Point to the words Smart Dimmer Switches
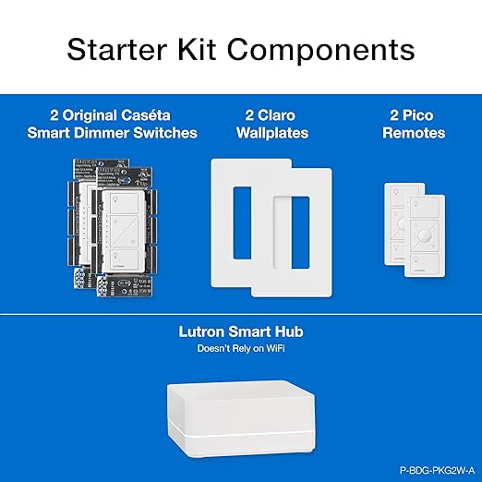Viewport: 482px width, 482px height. tap(124, 133)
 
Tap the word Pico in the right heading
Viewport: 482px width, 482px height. tap(421, 116)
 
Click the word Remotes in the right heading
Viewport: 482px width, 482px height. tap(415, 133)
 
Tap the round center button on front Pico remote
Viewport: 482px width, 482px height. tap(426, 235)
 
